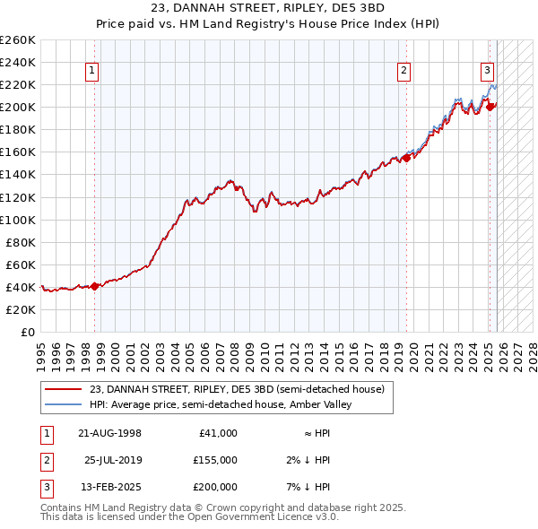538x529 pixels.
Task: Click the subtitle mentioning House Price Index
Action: tap(269, 24)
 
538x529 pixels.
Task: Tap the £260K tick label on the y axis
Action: tap(18, 40)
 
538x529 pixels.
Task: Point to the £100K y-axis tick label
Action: tap(18, 220)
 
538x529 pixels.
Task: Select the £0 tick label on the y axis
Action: tap(29, 332)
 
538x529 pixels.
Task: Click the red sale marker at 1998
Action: tap(95, 286)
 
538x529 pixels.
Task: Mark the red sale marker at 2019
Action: tap(406, 158)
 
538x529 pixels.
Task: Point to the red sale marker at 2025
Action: tap(490, 107)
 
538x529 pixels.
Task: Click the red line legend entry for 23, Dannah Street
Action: tap(237, 389)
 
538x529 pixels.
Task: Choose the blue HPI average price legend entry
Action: tap(220, 404)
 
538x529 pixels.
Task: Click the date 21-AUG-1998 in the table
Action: tap(110, 433)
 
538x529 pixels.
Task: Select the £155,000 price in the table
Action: tap(214, 460)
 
